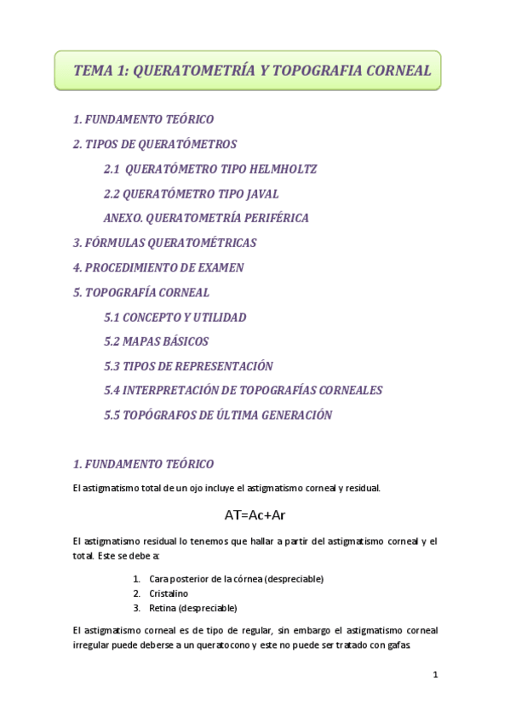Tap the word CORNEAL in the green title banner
pos(399,71)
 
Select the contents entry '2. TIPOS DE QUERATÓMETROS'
pos(155,144)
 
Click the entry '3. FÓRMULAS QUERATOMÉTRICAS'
pos(164,243)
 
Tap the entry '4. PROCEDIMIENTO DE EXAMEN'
pos(158,267)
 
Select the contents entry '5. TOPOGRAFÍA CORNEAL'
pos(141,292)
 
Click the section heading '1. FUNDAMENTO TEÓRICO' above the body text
pos(143,464)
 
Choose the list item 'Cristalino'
pos(169,593)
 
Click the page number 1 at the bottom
pos(434,675)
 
